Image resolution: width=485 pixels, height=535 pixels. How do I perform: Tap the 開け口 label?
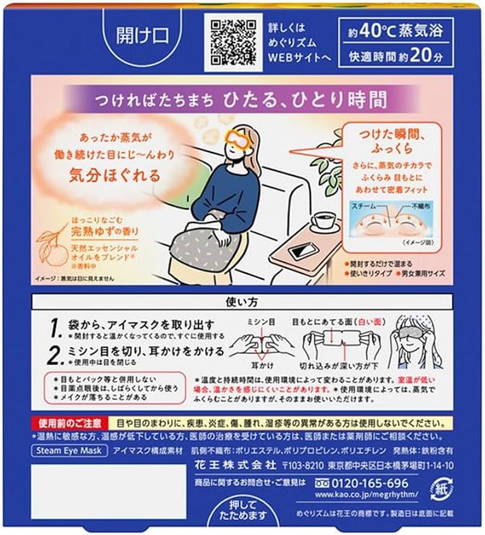click(x=135, y=36)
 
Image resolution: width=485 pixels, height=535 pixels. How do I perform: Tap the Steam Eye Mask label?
click(x=69, y=451)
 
